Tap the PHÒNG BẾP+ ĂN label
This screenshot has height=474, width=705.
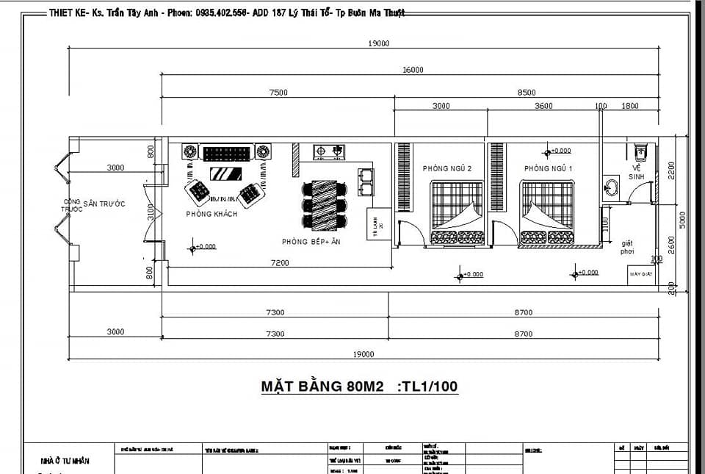[x=311, y=241]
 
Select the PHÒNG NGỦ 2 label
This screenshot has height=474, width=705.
[x=447, y=168]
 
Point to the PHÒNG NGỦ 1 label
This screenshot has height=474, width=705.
[x=548, y=168]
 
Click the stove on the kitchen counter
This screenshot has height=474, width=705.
[x=329, y=152]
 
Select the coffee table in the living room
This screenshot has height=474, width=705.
[x=225, y=174]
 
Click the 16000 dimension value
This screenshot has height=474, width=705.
[x=413, y=70]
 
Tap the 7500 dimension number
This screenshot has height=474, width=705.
[x=278, y=93]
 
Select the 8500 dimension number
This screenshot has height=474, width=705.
[x=527, y=93]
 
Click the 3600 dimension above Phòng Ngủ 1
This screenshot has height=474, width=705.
[x=543, y=106]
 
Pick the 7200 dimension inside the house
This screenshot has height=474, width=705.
[x=280, y=262]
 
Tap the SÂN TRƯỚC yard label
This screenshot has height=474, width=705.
[x=104, y=204]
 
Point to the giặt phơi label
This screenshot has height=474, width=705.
[x=628, y=246]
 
